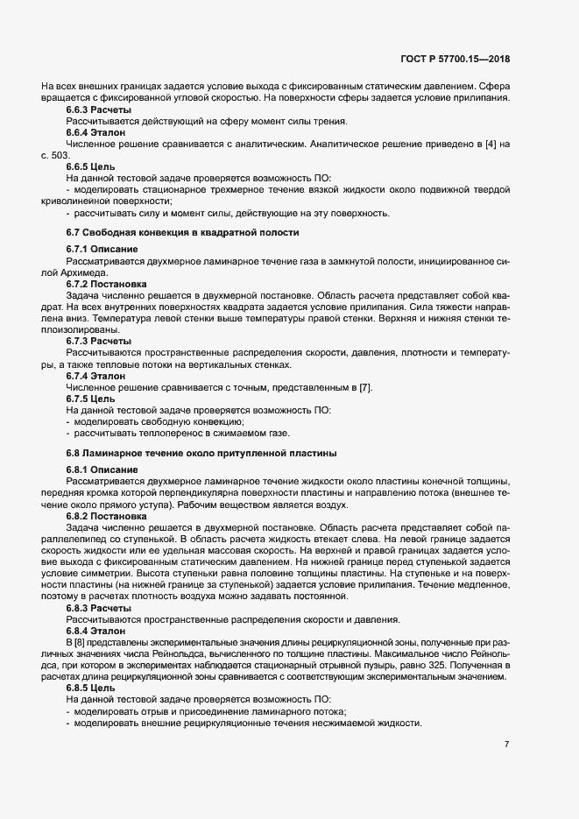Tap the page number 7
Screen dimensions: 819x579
pyautogui.click(x=506, y=745)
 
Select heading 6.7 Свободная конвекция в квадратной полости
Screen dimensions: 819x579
pyautogui.click(x=183, y=232)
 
